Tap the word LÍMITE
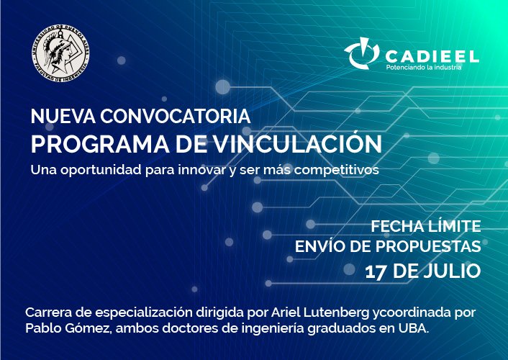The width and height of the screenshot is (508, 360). click(455, 225)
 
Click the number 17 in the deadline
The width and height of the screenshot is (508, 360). click(376, 271)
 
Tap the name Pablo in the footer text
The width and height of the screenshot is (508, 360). click(44, 328)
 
